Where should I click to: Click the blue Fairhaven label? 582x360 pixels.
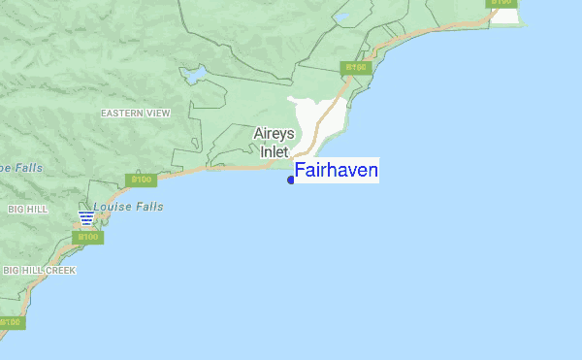[x=336, y=171]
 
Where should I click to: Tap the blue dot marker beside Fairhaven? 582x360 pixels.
[x=291, y=180]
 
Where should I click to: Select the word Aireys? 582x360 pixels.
[x=274, y=134]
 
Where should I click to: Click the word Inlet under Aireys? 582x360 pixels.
[x=274, y=151]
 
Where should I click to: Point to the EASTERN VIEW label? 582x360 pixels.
[x=135, y=114]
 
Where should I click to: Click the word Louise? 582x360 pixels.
[x=113, y=207]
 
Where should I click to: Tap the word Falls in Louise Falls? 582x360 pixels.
[x=149, y=207]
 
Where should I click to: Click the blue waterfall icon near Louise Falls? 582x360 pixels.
[x=86, y=217]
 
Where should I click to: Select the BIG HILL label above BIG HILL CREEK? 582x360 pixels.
[x=27, y=210]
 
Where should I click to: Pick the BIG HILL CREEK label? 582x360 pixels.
[x=39, y=270]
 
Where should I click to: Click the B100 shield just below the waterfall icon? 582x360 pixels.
[x=87, y=237]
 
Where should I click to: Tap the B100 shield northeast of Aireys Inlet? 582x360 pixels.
[x=356, y=68]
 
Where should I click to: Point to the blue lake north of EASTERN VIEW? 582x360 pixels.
[x=194, y=73]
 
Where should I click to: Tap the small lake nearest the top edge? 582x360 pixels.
[x=341, y=16]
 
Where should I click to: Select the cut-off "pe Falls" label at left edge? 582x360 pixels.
[x=21, y=168]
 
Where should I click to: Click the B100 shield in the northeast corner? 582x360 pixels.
[x=501, y=3]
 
